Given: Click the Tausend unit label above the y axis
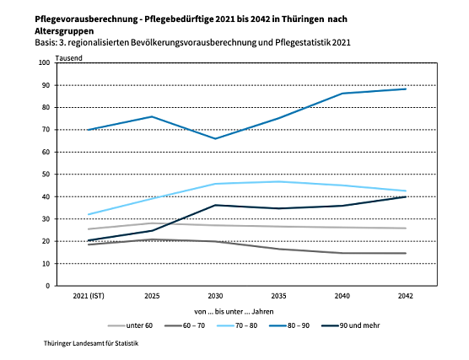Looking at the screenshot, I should pos(68,56).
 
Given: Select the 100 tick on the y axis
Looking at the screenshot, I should pos(45,63).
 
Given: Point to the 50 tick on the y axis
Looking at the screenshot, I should pos(46,175).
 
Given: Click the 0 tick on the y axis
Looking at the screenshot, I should pos(49,286).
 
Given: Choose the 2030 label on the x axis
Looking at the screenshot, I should pos(215,297).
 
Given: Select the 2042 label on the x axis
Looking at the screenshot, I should pos(406,297).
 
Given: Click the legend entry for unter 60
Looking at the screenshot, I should pos(135,325).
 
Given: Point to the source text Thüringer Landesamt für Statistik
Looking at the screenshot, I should pos(91,344).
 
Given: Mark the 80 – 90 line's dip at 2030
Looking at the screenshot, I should pos(215,139).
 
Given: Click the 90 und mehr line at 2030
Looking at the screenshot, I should pos(215,205).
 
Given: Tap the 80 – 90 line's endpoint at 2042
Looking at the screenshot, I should pos(406,89).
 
